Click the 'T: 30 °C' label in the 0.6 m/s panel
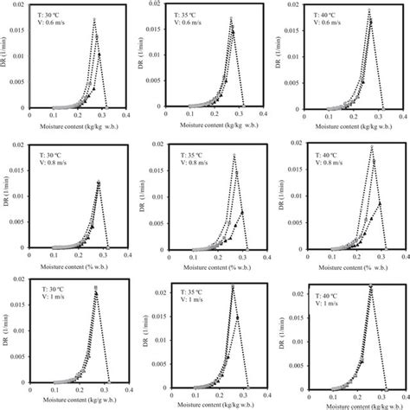[54, 12]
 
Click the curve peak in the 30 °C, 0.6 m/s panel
[94, 18]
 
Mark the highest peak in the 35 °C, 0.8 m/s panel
[234, 155]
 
